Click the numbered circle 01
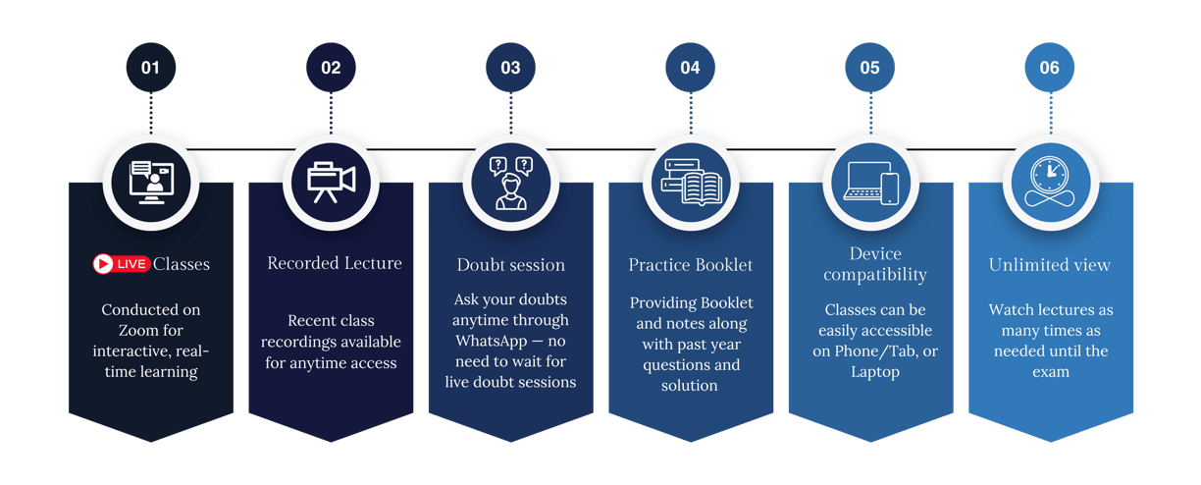click(x=151, y=68)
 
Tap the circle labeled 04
click(x=690, y=68)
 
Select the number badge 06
click(x=1049, y=68)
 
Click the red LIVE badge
click(x=121, y=264)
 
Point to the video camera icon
click(x=331, y=183)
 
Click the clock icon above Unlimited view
click(x=1050, y=182)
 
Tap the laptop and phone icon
click(x=870, y=183)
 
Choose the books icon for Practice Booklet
click(x=691, y=183)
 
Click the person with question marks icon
click(x=511, y=183)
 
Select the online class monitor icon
click(x=151, y=183)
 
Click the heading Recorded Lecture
click(x=335, y=263)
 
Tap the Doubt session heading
click(x=511, y=264)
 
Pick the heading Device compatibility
click(x=875, y=264)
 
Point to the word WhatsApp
click(x=492, y=341)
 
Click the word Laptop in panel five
click(x=875, y=372)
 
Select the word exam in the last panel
click(x=1051, y=372)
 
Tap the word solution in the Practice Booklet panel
click(x=689, y=385)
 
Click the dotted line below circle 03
click(x=511, y=113)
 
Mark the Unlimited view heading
click(x=1050, y=264)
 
